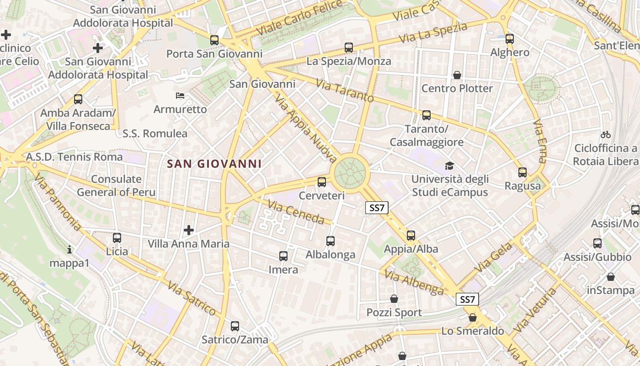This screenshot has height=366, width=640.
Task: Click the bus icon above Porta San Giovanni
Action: (214, 40)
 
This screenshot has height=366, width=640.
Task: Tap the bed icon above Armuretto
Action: (180, 96)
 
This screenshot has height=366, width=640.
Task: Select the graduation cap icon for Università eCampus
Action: (450, 166)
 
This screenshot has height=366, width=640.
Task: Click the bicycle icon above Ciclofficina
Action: (606, 135)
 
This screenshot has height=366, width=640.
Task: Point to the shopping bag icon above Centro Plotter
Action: (457, 75)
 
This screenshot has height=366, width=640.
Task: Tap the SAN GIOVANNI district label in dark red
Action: (214, 164)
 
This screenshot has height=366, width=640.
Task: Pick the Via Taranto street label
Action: (345, 91)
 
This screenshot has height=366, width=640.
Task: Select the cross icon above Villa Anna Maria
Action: (188, 230)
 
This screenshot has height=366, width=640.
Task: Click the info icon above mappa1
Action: (69, 249)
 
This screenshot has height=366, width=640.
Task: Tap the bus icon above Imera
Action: (283, 256)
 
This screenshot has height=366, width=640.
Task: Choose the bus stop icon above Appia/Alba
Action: (411, 236)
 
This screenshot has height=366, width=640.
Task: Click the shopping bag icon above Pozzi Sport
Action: (394, 299)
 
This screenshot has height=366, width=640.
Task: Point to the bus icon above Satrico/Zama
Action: (235, 326)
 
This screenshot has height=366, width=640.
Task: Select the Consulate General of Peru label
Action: (116, 185)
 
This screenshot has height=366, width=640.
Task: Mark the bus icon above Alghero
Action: (510, 39)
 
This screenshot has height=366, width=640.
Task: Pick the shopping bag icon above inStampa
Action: (611, 277)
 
